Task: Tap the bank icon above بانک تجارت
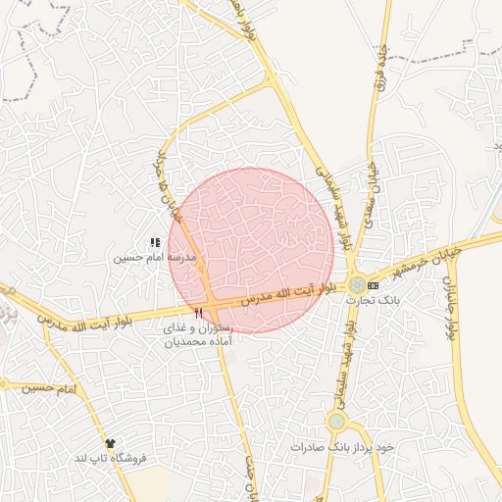coord(373,284)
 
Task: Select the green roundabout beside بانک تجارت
coord(355,284)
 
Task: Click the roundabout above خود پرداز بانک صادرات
coord(336,422)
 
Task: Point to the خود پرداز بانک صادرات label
coord(341,446)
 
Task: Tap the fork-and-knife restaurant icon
coord(199,313)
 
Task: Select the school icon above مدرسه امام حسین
coord(154,242)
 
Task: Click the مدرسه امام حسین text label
coord(154,258)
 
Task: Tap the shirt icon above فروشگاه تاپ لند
coord(110,443)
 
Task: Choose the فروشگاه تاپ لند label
coord(110,458)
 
